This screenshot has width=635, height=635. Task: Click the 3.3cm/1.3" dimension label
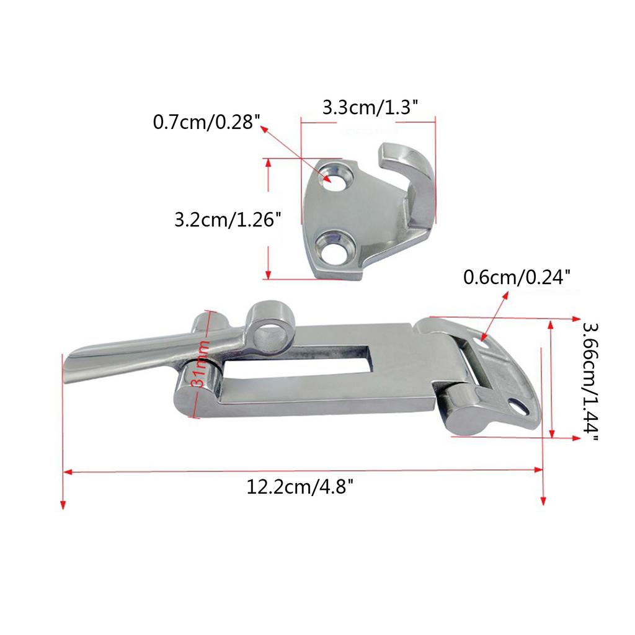370,108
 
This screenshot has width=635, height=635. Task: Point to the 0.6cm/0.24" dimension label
517,277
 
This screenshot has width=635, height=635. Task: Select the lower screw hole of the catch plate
336,248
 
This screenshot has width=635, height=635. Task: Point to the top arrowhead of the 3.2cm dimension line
269,162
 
